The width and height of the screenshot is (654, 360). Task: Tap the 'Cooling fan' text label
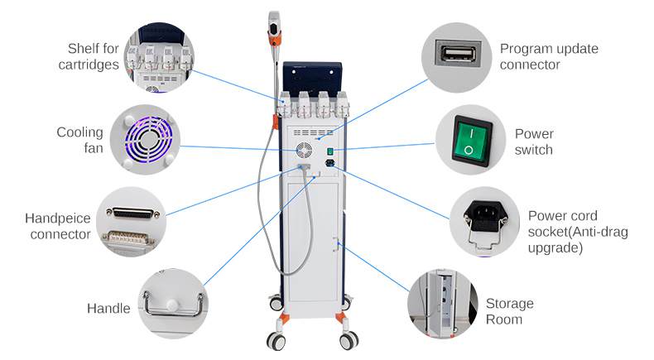tap(79, 140)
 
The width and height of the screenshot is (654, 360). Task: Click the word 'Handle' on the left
tap(108, 309)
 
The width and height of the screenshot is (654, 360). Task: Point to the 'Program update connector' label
tap(548, 56)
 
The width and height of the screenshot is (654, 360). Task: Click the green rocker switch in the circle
tap(469, 140)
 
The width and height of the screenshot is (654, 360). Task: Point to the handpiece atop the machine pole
tap(274, 26)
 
